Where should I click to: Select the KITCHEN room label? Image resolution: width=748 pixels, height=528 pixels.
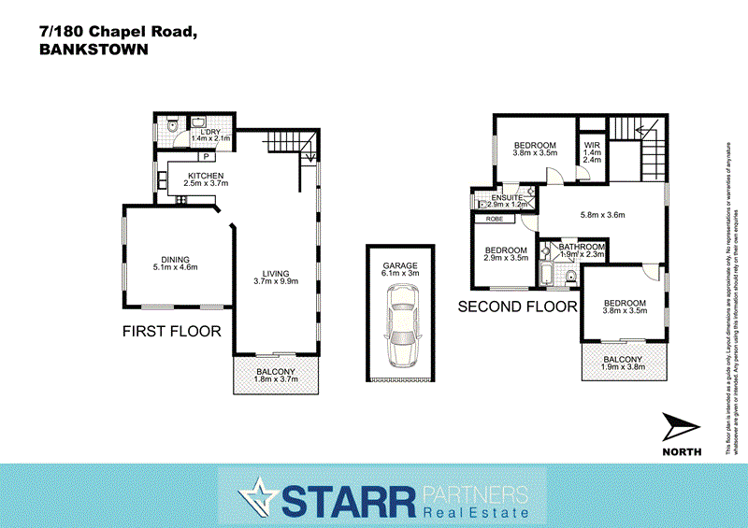point(208,176)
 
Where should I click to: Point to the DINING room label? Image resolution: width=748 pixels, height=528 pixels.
point(175,260)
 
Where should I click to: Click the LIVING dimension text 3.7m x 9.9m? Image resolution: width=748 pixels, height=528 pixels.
point(275,279)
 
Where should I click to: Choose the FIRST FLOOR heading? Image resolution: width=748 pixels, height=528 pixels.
point(172,331)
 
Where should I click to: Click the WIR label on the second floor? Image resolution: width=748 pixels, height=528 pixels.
point(591,146)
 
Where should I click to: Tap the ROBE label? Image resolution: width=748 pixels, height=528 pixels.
point(494,219)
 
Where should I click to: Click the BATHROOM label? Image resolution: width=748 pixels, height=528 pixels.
point(583,247)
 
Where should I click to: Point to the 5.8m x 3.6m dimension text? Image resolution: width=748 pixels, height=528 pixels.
point(602,215)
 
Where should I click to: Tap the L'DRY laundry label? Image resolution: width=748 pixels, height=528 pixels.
point(209,132)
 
